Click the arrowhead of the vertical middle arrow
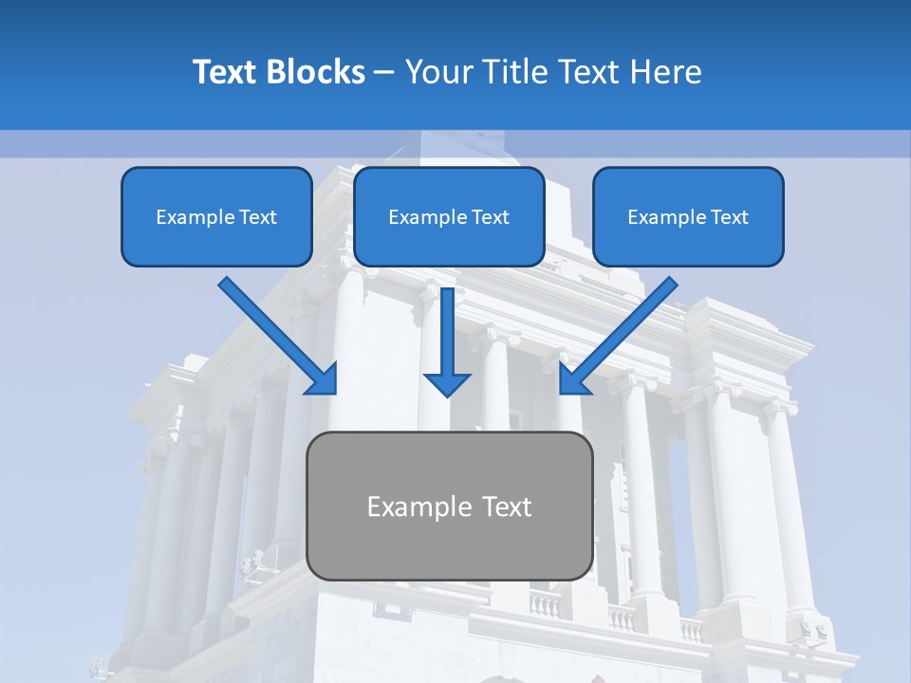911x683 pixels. (x=447, y=383)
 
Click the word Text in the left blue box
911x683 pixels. (x=258, y=217)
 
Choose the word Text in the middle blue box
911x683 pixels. (x=491, y=217)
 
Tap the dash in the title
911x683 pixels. (x=384, y=73)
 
